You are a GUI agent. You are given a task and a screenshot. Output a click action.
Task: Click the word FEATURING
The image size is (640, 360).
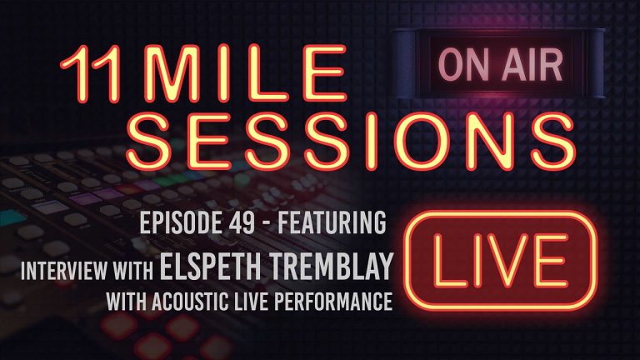pos(342,224)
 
